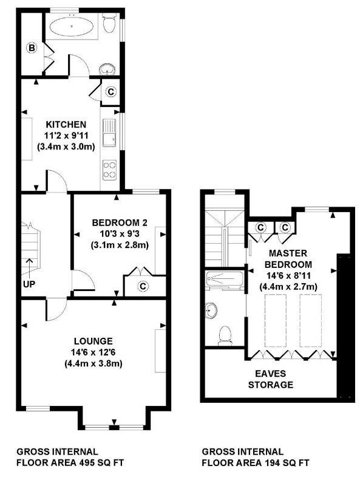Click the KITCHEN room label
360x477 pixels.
[x=60, y=124]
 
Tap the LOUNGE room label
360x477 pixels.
[x=93, y=340]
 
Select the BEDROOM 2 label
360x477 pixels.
[x=120, y=222]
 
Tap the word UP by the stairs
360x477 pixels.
[x=29, y=284]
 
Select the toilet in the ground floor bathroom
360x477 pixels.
[x=109, y=24]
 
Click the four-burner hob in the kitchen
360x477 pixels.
[x=110, y=169]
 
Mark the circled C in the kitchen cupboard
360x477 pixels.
[x=111, y=92]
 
